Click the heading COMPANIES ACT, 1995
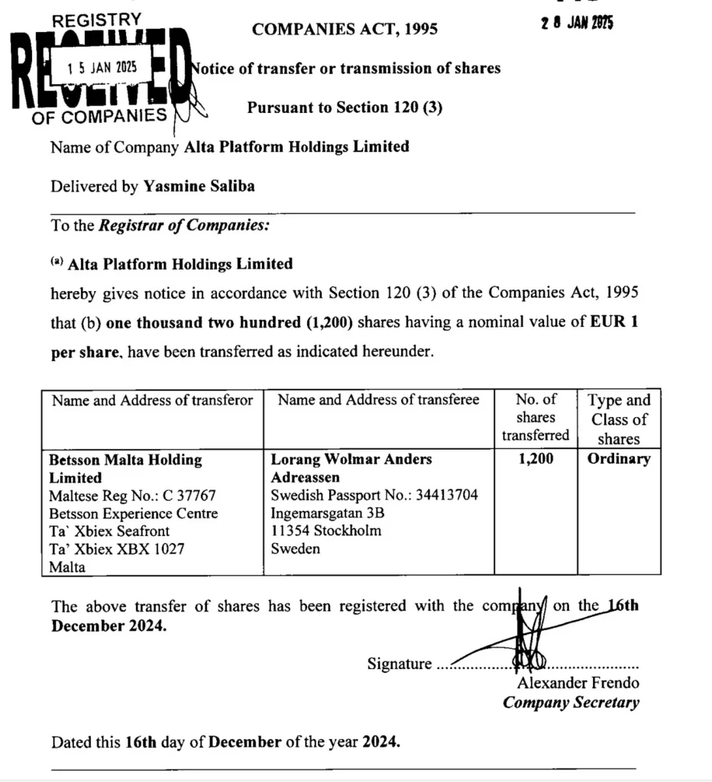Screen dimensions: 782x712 click(345, 29)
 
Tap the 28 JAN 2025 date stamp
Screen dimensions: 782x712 click(577, 23)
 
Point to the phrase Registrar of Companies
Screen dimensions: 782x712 click(183, 225)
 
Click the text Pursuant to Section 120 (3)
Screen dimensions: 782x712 click(345, 108)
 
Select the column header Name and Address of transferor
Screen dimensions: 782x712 click(152, 400)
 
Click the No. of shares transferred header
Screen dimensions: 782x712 click(536, 418)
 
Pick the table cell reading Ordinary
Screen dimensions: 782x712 click(619, 459)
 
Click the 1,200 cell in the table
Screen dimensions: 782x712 click(536, 459)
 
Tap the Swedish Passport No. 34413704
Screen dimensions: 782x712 click(374, 495)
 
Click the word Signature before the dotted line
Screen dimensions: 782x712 click(399, 664)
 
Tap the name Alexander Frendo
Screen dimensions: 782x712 click(578, 683)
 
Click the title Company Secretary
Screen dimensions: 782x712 click(571, 703)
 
